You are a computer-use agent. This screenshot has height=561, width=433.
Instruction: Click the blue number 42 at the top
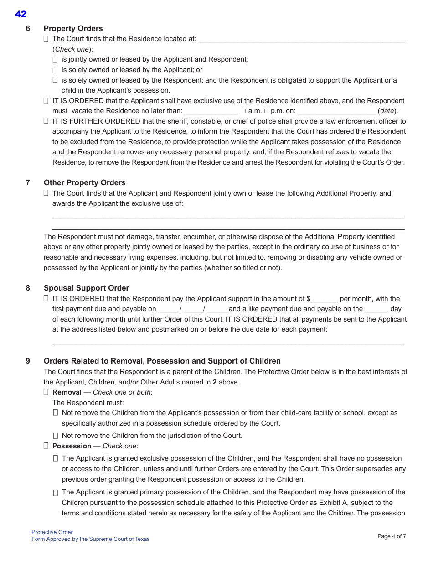click(21, 14)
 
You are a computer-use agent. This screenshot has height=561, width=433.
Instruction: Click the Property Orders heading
click(73, 28)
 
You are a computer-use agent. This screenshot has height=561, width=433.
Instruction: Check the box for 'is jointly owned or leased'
click(55, 60)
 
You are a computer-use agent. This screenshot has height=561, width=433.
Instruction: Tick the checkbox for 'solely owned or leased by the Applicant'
click(55, 70)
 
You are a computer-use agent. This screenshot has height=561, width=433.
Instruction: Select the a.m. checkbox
click(244, 111)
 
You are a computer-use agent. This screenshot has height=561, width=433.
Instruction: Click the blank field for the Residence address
click(302, 39)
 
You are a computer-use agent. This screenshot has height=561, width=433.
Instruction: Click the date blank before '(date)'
click(336, 111)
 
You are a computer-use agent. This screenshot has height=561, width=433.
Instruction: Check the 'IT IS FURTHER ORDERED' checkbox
click(46, 121)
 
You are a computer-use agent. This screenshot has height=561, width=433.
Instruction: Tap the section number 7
click(28, 182)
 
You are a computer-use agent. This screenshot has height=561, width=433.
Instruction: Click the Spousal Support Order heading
click(86, 288)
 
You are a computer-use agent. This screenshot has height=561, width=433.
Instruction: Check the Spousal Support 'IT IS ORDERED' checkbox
click(46, 298)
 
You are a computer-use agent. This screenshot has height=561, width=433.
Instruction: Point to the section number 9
click(28, 361)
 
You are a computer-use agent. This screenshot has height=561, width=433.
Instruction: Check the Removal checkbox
click(46, 392)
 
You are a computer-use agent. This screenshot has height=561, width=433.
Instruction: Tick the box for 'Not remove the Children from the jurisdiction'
click(55, 436)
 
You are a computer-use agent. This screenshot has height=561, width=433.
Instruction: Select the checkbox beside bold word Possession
click(46, 446)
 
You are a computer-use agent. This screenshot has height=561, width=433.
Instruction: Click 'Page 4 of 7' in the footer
click(392, 536)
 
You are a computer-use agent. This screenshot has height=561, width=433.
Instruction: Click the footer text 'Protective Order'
click(52, 532)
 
